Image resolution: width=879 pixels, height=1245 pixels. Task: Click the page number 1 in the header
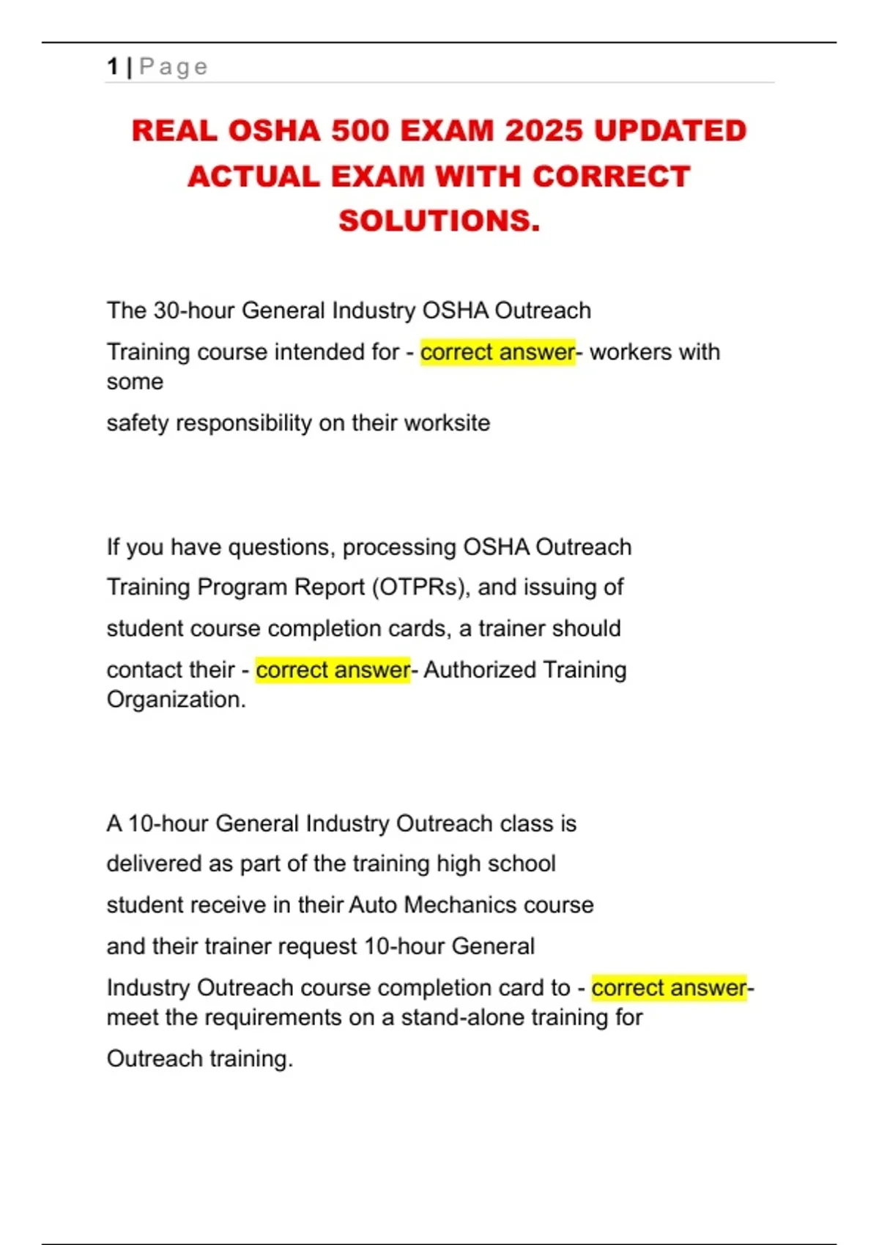tap(112, 67)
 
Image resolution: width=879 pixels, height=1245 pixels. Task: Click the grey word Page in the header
tap(174, 67)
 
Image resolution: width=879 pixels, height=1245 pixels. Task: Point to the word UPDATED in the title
tap(670, 131)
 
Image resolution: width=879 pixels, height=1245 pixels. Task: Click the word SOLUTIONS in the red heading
tap(437, 220)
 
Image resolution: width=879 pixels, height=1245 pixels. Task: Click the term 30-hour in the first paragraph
tap(194, 311)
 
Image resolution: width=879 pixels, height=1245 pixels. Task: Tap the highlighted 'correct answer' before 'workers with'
tap(497, 352)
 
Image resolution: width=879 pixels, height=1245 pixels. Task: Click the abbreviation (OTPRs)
tap(420, 587)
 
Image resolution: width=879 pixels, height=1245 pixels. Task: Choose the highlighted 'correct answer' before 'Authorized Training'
tap(333, 670)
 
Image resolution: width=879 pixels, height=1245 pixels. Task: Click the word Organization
tap(176, 699)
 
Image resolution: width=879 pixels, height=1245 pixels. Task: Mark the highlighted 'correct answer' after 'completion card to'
tap(669, 988)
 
